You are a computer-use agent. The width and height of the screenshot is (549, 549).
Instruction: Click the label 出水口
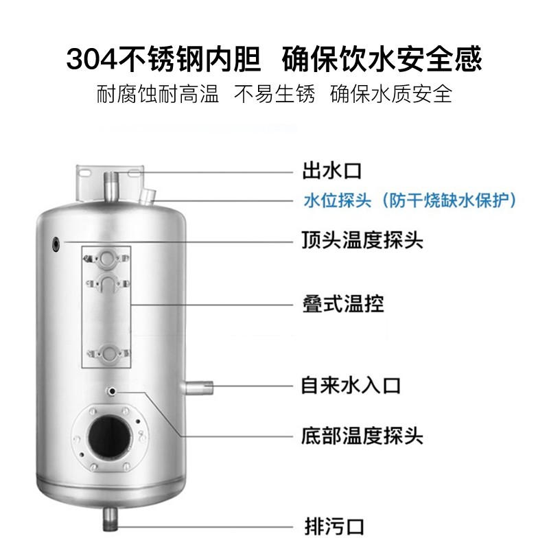tap(331, 171)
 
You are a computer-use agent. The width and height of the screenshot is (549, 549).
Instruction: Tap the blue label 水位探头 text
tap(337, 200)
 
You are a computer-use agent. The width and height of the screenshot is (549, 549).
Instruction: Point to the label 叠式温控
tap(343, 303)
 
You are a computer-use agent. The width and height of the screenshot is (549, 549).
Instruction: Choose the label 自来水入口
tap(351, 386)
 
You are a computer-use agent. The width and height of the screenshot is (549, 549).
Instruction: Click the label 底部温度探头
tap(362, 436)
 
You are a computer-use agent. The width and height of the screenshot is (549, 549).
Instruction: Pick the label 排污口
tap(334, 526)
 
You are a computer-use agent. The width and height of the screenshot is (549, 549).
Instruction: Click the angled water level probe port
tap(148, 196)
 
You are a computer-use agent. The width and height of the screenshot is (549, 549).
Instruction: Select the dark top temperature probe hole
tap(56, 244)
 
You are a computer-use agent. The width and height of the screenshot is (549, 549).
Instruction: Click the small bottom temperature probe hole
tap(113, 390)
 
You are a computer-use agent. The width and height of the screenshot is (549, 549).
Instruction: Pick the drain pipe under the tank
tap(110, 519)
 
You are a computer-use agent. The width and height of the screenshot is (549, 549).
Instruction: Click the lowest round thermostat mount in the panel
tap(109, 353)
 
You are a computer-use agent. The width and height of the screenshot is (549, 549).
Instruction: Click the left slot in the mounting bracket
tap(84, 173)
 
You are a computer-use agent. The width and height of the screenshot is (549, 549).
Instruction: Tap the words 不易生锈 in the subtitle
tap(274, 94)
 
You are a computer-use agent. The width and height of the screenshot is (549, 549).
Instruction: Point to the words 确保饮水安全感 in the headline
tap(382, 59)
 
